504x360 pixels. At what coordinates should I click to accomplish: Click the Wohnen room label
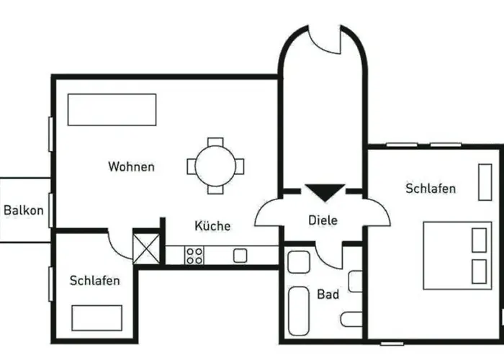click(x=131, y=166)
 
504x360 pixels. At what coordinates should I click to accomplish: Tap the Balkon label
click(x=24, y=210)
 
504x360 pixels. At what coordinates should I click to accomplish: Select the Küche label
click(x=212, y=225)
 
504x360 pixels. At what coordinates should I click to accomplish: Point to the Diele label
click(x=323, y=220)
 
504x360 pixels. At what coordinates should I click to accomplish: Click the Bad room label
click(x=328, y=294)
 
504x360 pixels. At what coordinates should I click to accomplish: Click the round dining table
click(x=215, y=166)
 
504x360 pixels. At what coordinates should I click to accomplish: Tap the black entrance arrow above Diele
click(x=325, y=192)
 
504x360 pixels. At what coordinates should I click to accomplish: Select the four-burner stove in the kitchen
click(x=194, y=256)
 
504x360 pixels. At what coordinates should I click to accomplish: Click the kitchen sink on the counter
click(x=240, y=256)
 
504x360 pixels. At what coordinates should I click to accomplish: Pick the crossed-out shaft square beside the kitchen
click(x=146, y=248)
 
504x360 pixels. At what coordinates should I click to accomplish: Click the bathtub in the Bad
click(x=299, y=311)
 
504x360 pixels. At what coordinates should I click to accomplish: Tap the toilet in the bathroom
click(x=351, y=319)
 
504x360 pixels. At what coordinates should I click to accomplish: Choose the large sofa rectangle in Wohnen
click(x=112, y=109)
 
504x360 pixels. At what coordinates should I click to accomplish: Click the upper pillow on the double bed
click(x=479, y=240)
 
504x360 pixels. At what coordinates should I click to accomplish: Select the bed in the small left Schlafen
click(x=96, y=318)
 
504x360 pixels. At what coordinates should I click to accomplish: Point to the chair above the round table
click(x=215, y=142)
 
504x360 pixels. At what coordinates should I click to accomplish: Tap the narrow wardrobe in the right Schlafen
click(x=485, y=182)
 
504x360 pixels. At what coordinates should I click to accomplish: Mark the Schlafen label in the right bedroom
click(x=431, y=189)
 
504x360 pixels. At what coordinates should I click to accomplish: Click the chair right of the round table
click(x=240, y=166)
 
